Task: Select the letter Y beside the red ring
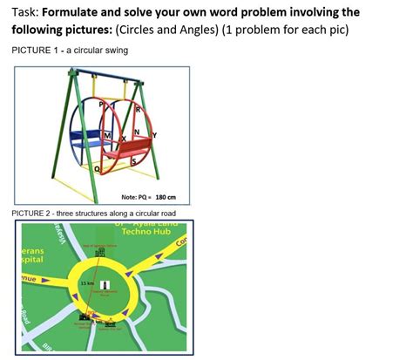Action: pyautogui.click(x=155, y=135)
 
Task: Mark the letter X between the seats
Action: pyautogui.click(x=125, y=139)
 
